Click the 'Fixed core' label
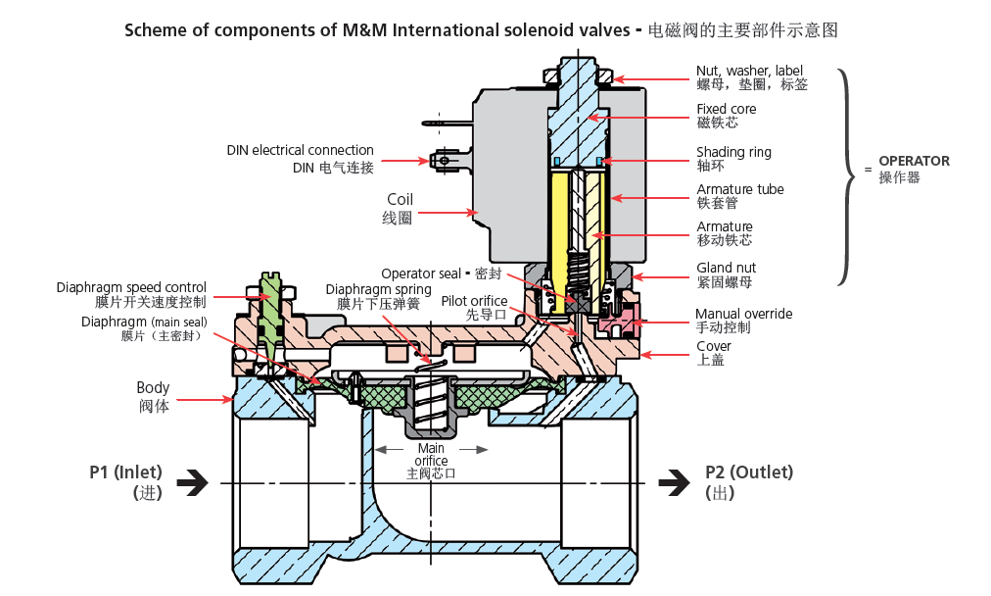click(726, 110)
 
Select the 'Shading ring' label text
click(733, 152)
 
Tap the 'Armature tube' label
click(739, 189)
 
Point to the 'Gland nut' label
click(726, 268)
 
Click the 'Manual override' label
click(743, 314)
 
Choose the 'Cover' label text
click(713, 346)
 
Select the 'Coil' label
click(400, 199)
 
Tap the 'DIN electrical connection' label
click(300, 150)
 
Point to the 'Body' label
click(153, 388)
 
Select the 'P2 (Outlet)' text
click(749, 472)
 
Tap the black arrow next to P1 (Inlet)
click(193, 481)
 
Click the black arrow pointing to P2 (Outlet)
click(674, 481)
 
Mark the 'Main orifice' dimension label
click(431, 455)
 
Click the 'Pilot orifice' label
click(474, 301)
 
